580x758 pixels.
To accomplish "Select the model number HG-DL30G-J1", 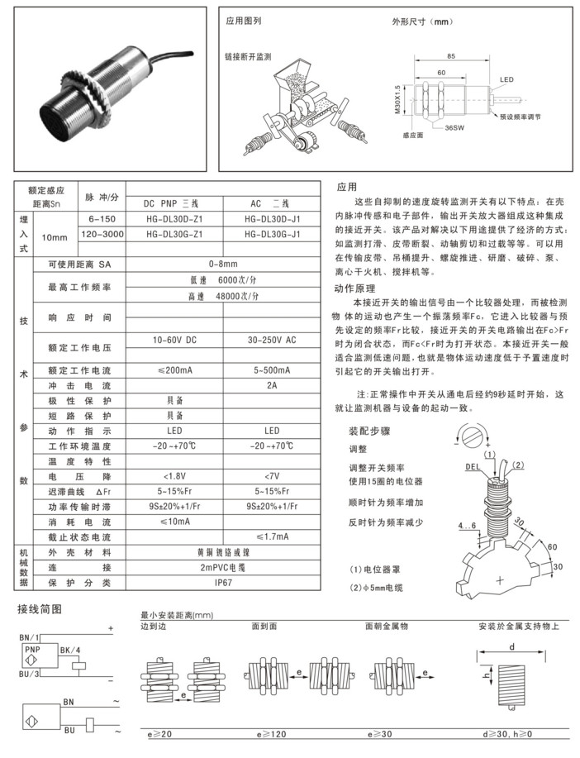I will pos(272,235).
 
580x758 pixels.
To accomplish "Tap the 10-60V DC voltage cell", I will pos(174,341).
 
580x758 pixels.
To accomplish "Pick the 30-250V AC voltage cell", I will pos(272,341).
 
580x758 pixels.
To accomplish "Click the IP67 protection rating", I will pos(222,583).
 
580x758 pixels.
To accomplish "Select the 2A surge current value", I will pos(272,385).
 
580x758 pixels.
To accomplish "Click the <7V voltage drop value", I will pos(272,477).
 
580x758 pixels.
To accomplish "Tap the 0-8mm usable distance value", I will pos(223,264).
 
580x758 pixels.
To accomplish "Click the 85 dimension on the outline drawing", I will pos(450,56).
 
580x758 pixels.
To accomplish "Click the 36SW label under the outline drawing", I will pos(453,129).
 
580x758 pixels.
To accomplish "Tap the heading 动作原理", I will pos(356,288).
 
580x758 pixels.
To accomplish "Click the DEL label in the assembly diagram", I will pos(473,466).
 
